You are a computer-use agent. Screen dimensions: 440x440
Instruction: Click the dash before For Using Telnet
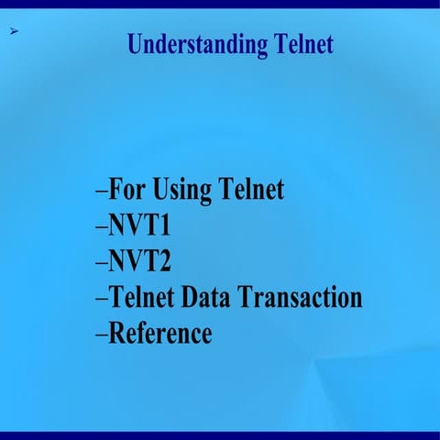pos(102,192)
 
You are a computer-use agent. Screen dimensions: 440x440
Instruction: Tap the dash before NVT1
pos(102,227)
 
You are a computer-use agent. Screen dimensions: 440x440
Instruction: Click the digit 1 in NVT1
pos(178,225)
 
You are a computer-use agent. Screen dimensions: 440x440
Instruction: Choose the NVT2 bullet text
pos(146,261)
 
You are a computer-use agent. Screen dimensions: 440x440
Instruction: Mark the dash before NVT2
pos(102,263)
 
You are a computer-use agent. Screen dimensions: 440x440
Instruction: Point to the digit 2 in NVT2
pos(178,261)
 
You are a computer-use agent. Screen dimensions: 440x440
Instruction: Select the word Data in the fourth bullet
pos(210,297)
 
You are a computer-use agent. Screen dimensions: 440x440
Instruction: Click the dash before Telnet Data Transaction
pos(102,299)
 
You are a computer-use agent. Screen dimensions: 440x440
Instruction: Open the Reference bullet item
pos(159,333)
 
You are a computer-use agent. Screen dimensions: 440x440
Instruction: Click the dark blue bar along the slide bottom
pos(220,435)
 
